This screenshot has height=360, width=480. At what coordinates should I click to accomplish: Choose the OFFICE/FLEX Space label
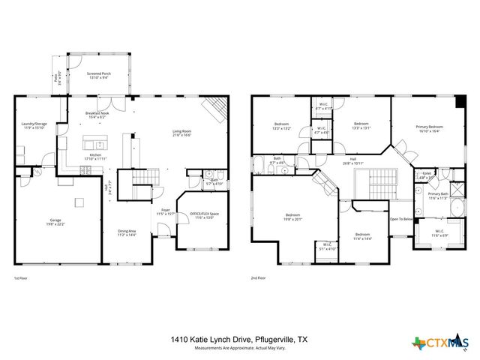[204, 215]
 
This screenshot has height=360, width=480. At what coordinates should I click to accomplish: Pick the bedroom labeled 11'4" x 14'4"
[363, 235]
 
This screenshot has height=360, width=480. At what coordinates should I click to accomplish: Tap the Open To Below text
[400, 219]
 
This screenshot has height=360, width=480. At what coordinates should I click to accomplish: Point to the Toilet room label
[427, 174]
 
